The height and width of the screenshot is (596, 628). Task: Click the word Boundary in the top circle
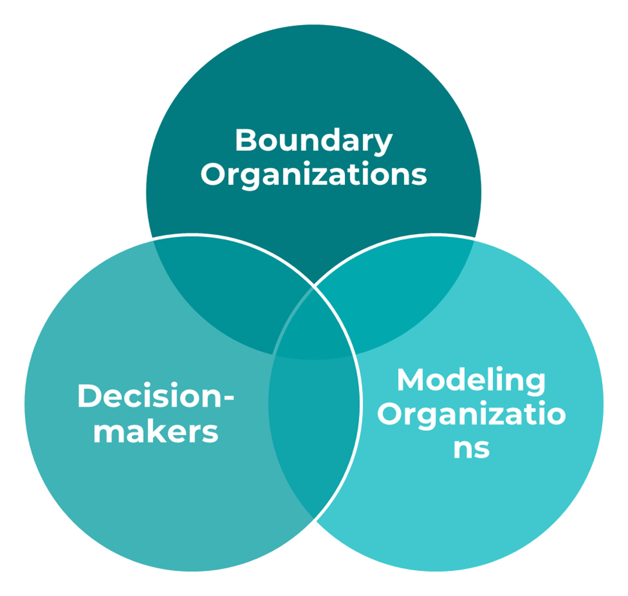313,141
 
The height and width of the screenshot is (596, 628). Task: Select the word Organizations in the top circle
313,175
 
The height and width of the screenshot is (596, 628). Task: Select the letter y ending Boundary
384,144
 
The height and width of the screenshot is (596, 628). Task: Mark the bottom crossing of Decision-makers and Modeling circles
313,519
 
